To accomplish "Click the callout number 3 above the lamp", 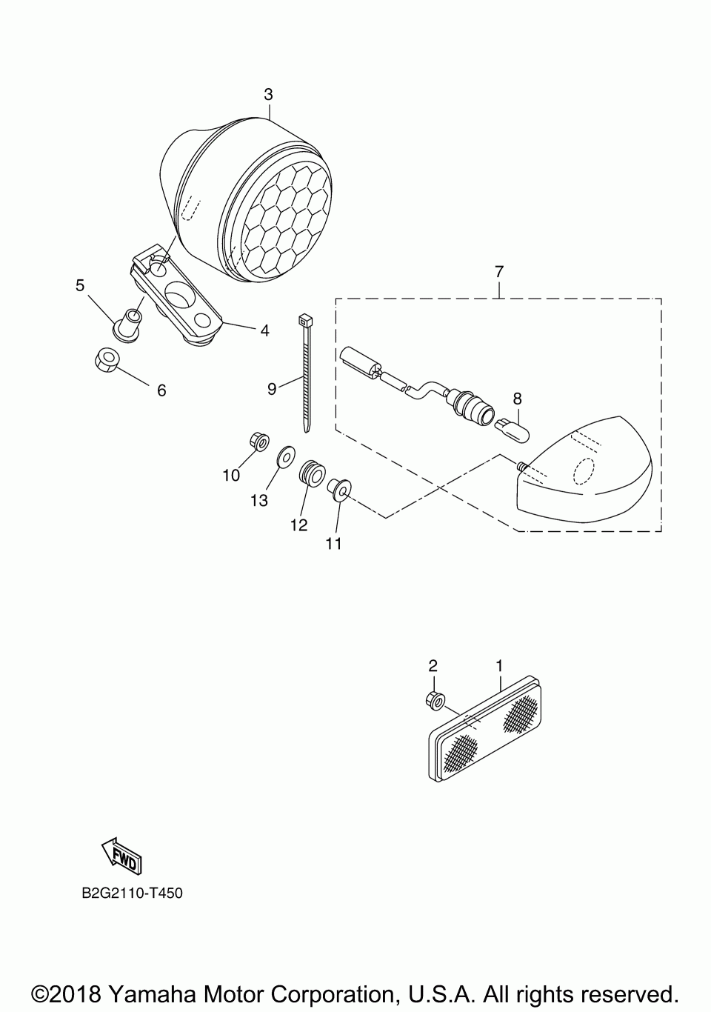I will [x=268, y=94].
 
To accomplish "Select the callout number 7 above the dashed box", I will [x=498, y=272].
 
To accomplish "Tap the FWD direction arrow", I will [x=120, y=856].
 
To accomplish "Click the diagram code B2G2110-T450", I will [x=133, y=893].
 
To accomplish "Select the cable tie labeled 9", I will [x=306, y=374].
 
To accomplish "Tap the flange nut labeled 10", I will [x=259, y=442].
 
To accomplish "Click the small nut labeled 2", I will [x=435, y=698].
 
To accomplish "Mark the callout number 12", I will [x=298, y=525].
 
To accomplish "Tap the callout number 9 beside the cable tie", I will [x=272, y=388].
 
